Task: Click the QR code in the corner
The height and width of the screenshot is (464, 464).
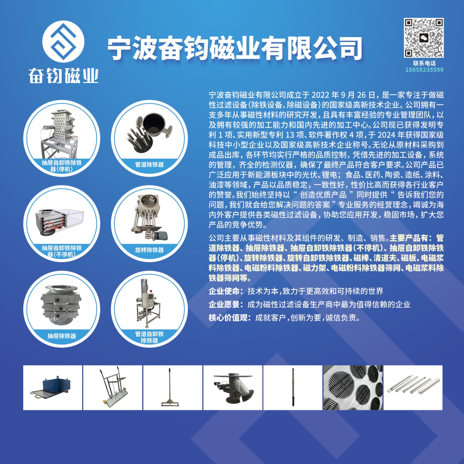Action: click(x=424, y=38)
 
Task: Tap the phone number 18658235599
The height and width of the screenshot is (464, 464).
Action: click(x=424, y=70)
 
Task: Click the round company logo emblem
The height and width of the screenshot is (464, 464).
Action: click(x=63, y=41)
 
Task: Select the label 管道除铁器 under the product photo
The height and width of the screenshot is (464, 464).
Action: click(x=149, y=164)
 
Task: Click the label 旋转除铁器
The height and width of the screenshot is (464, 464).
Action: click(x=149, y=250)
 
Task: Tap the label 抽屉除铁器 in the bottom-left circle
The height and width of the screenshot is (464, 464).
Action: click(x=62, y=336)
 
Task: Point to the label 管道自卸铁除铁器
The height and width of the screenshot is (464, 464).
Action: click(x=149, y=337)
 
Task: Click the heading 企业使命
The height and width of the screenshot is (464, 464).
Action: click(x=224, y=291)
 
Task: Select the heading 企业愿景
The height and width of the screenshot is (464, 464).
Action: click(x=224, y=304)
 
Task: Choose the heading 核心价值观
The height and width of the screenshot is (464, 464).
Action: click(x=228, y=318)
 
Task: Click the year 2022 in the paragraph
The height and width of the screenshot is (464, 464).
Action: click(x=320, y=95)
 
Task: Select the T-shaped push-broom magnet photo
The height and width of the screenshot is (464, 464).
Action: click(x=170, y=387)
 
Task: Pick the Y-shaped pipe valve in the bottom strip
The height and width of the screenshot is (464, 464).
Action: click(x=233, y=388)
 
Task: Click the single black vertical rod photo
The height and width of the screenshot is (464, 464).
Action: click(x=293, y=387)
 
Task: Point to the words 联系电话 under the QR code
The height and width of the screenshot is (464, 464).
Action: click(x=424, y=63)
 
